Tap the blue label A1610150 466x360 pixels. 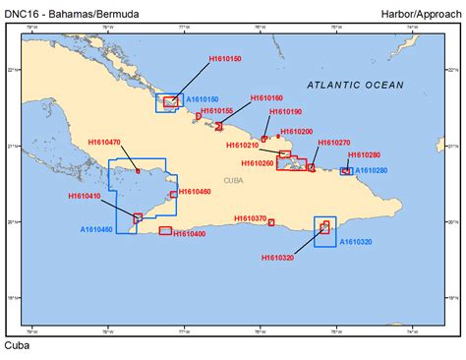tap(203, 100)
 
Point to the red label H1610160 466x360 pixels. tap(266, 98)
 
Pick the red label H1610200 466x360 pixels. tap(296, 132)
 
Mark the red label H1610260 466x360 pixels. tap(258, 163)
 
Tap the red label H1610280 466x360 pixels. tap(364, 155)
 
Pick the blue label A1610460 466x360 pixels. tap(96, 229)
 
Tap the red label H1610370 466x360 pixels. tap(251, 218)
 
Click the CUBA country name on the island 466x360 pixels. tap(234, 181)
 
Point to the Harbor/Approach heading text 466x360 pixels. tap(421, 13)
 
